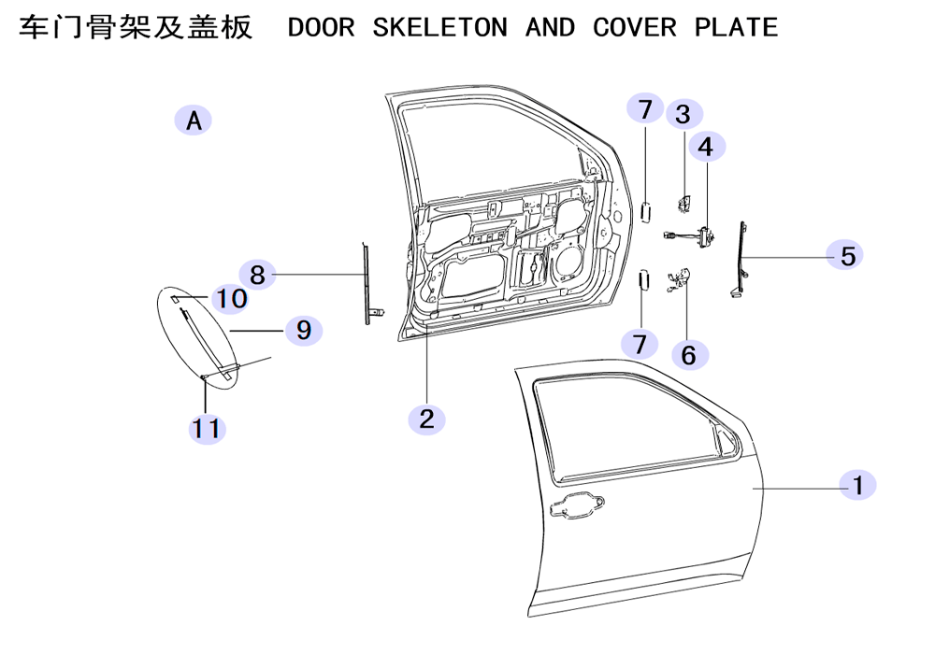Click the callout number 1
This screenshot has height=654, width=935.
coord(857,485)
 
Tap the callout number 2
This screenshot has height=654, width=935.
coord(426,419)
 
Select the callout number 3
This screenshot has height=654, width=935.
coord(683,114)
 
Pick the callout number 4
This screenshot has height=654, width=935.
coord(707,147)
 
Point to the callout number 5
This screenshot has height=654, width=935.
coord(848,255)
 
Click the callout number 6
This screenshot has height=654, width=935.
coord(689,355)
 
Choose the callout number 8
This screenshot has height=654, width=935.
coord(257,275)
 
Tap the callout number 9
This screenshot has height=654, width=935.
coord(304,330)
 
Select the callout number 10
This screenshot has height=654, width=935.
coord(231,298)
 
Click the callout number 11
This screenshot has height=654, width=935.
coord(207,429)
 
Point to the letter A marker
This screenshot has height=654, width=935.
coord(194,121)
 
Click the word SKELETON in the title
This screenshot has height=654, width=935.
coord(439,27)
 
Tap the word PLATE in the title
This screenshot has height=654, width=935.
coord(736,27)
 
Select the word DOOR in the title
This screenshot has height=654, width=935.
coord(321,27)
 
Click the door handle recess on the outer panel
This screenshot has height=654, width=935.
coord(575,506)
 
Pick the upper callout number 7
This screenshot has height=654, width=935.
coord(645,108)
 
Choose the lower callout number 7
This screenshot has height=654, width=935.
coord(640,344)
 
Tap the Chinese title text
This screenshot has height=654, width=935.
coord(136,27)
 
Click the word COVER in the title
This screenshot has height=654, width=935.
coord(635,27)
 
